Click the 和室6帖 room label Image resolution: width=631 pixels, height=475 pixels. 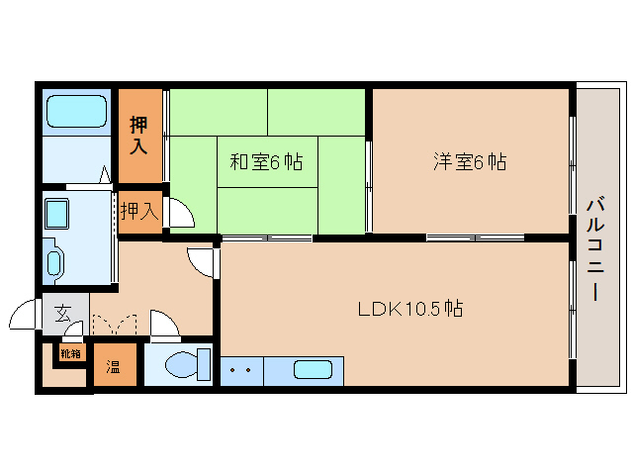[266, 162]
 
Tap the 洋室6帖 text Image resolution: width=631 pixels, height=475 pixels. [470, 162]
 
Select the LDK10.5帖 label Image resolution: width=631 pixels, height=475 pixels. [410, 309]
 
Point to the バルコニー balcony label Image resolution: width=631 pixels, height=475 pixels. [595, 249]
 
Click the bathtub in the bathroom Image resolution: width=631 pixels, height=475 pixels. [76, 111]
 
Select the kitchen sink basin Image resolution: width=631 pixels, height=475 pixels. [313, 369]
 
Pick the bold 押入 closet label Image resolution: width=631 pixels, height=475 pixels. [138, 136]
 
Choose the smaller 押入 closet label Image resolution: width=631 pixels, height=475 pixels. [139, 211]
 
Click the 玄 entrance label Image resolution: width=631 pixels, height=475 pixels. [63, 313]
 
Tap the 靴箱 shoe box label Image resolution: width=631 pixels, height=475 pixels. [71, 354]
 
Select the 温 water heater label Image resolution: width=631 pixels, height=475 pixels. [113, 366]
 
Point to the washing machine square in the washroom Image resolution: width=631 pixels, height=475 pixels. [56, 214]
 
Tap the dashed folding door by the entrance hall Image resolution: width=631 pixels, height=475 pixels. [115, 324]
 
